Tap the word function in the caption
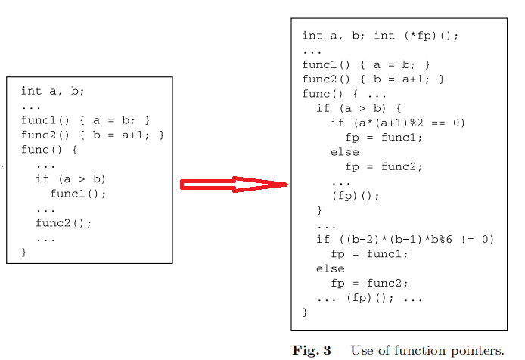pos(419,350)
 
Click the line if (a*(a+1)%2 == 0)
pos(398,123)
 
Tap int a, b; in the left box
pos(53,91)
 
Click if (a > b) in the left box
pos(71,178)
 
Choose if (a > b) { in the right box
pos(359,108)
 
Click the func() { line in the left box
pos(50,149)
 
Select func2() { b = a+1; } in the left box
pos(92,135)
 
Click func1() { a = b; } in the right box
pos(366,64)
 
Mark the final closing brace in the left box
pos(24,252)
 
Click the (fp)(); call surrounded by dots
pos(368,298)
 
